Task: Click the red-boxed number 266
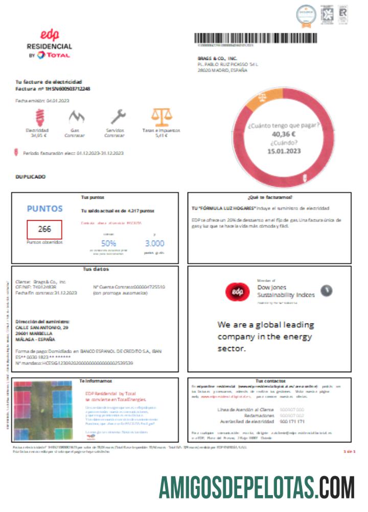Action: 44,229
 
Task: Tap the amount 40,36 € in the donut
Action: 284,134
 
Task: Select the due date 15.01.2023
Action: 284,151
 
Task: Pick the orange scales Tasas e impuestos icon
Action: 161,117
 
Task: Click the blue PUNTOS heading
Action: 44,209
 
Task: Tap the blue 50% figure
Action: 109,244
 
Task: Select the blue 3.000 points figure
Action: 154,244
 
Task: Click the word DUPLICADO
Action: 31,177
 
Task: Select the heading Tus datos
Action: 96,269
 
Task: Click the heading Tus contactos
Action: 269,381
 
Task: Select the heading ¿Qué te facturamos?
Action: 269,197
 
